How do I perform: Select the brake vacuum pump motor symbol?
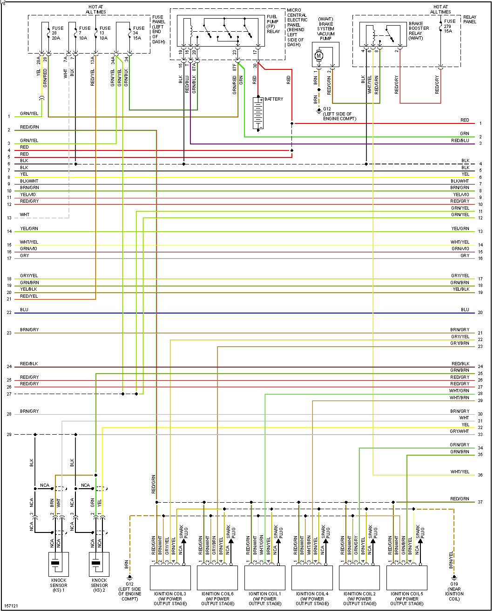(x=319, y=56)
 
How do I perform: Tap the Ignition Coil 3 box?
(x=170, y=578)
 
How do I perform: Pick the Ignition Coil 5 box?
(x=406, y=578)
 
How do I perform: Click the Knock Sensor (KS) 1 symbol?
(x=59, y=564)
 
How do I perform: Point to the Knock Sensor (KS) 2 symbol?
(x=99, y=564)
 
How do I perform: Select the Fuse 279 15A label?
(x=449, y=26)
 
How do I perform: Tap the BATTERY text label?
(x=274, y=99)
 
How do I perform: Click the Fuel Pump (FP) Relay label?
(x=273, y=24)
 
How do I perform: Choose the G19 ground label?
(x=454, y=591)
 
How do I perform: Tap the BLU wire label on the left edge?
(x=24, y=310)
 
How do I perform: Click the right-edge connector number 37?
(x=480, y=502)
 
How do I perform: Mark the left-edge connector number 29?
(x=9, y=435)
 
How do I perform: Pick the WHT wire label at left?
(x=25, y=215)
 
